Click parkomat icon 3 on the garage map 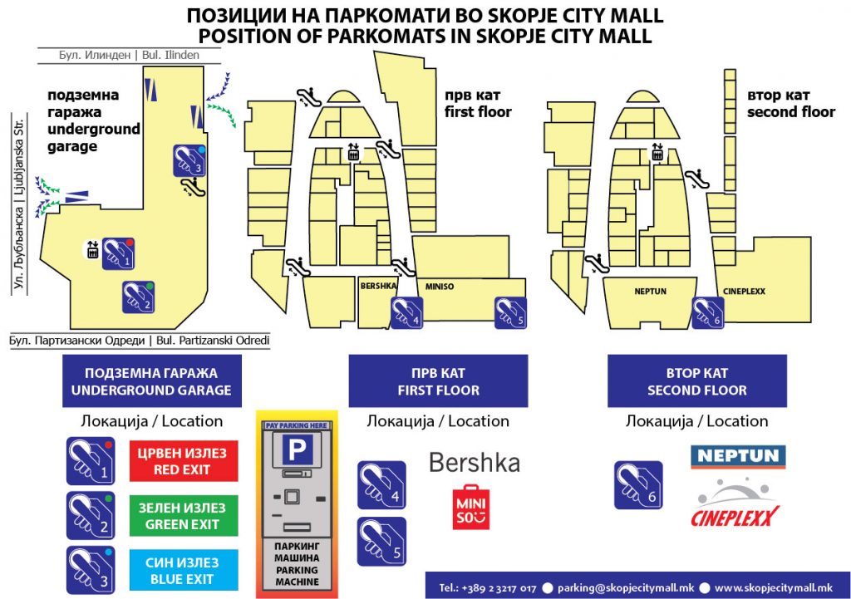(189, 160)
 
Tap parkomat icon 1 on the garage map (119, 253)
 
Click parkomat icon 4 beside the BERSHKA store (406, 312)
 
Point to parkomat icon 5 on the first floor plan (510, 312)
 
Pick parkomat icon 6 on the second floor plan (708, 312)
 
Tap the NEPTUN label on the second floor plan (651, 292)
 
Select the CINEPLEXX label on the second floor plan (744, 292)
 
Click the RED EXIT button (184, 461)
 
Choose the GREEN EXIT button (184, 516)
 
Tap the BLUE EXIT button (184, 571)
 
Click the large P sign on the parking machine (297, 451)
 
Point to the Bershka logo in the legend (475, 462)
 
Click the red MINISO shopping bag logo (471, 507)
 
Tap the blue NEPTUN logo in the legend (738, 456)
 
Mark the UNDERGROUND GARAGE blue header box (151, 381)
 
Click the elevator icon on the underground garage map (93, 248)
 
